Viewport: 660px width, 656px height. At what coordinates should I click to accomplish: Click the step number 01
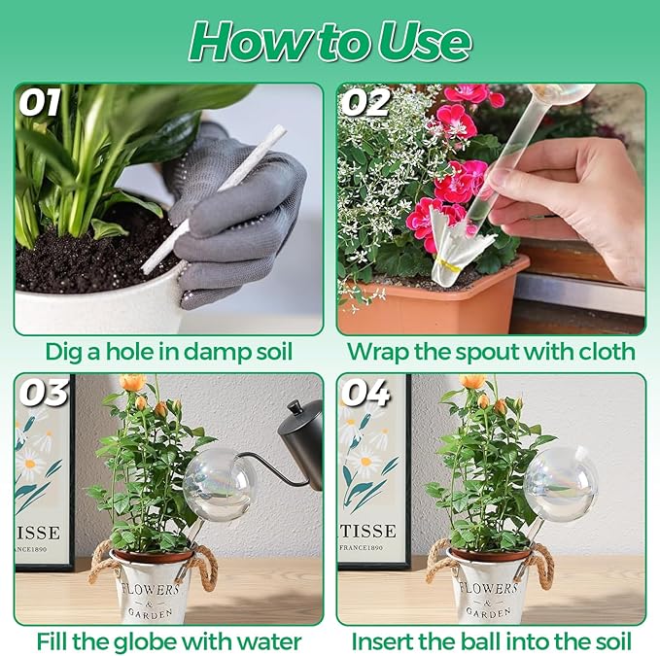39,102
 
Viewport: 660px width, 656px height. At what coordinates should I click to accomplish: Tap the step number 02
365,102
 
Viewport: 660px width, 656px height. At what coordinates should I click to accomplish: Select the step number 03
44,393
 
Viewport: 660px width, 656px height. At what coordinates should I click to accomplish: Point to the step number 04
365,393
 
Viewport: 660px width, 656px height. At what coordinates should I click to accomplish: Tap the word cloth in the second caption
607,351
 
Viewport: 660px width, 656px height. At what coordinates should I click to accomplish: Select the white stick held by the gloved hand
213,199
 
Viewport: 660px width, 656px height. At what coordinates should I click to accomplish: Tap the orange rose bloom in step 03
132,382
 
